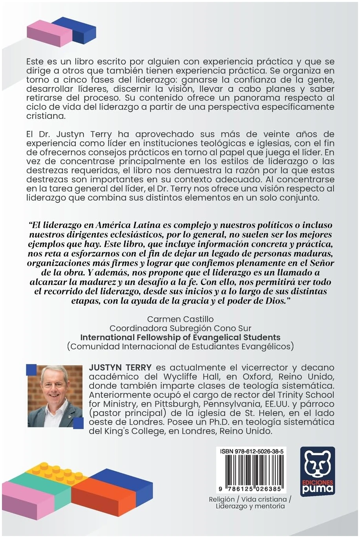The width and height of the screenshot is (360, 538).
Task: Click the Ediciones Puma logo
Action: pyautogui.click(x=317, y=471)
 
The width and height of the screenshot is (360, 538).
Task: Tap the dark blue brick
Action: pyautogui.click(x=75, y=29)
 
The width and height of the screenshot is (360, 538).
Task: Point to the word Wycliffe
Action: pyautogui.click(x=182, y=377)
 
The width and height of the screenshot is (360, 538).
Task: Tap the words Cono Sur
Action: pyautogui.click(x=235, y=328)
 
